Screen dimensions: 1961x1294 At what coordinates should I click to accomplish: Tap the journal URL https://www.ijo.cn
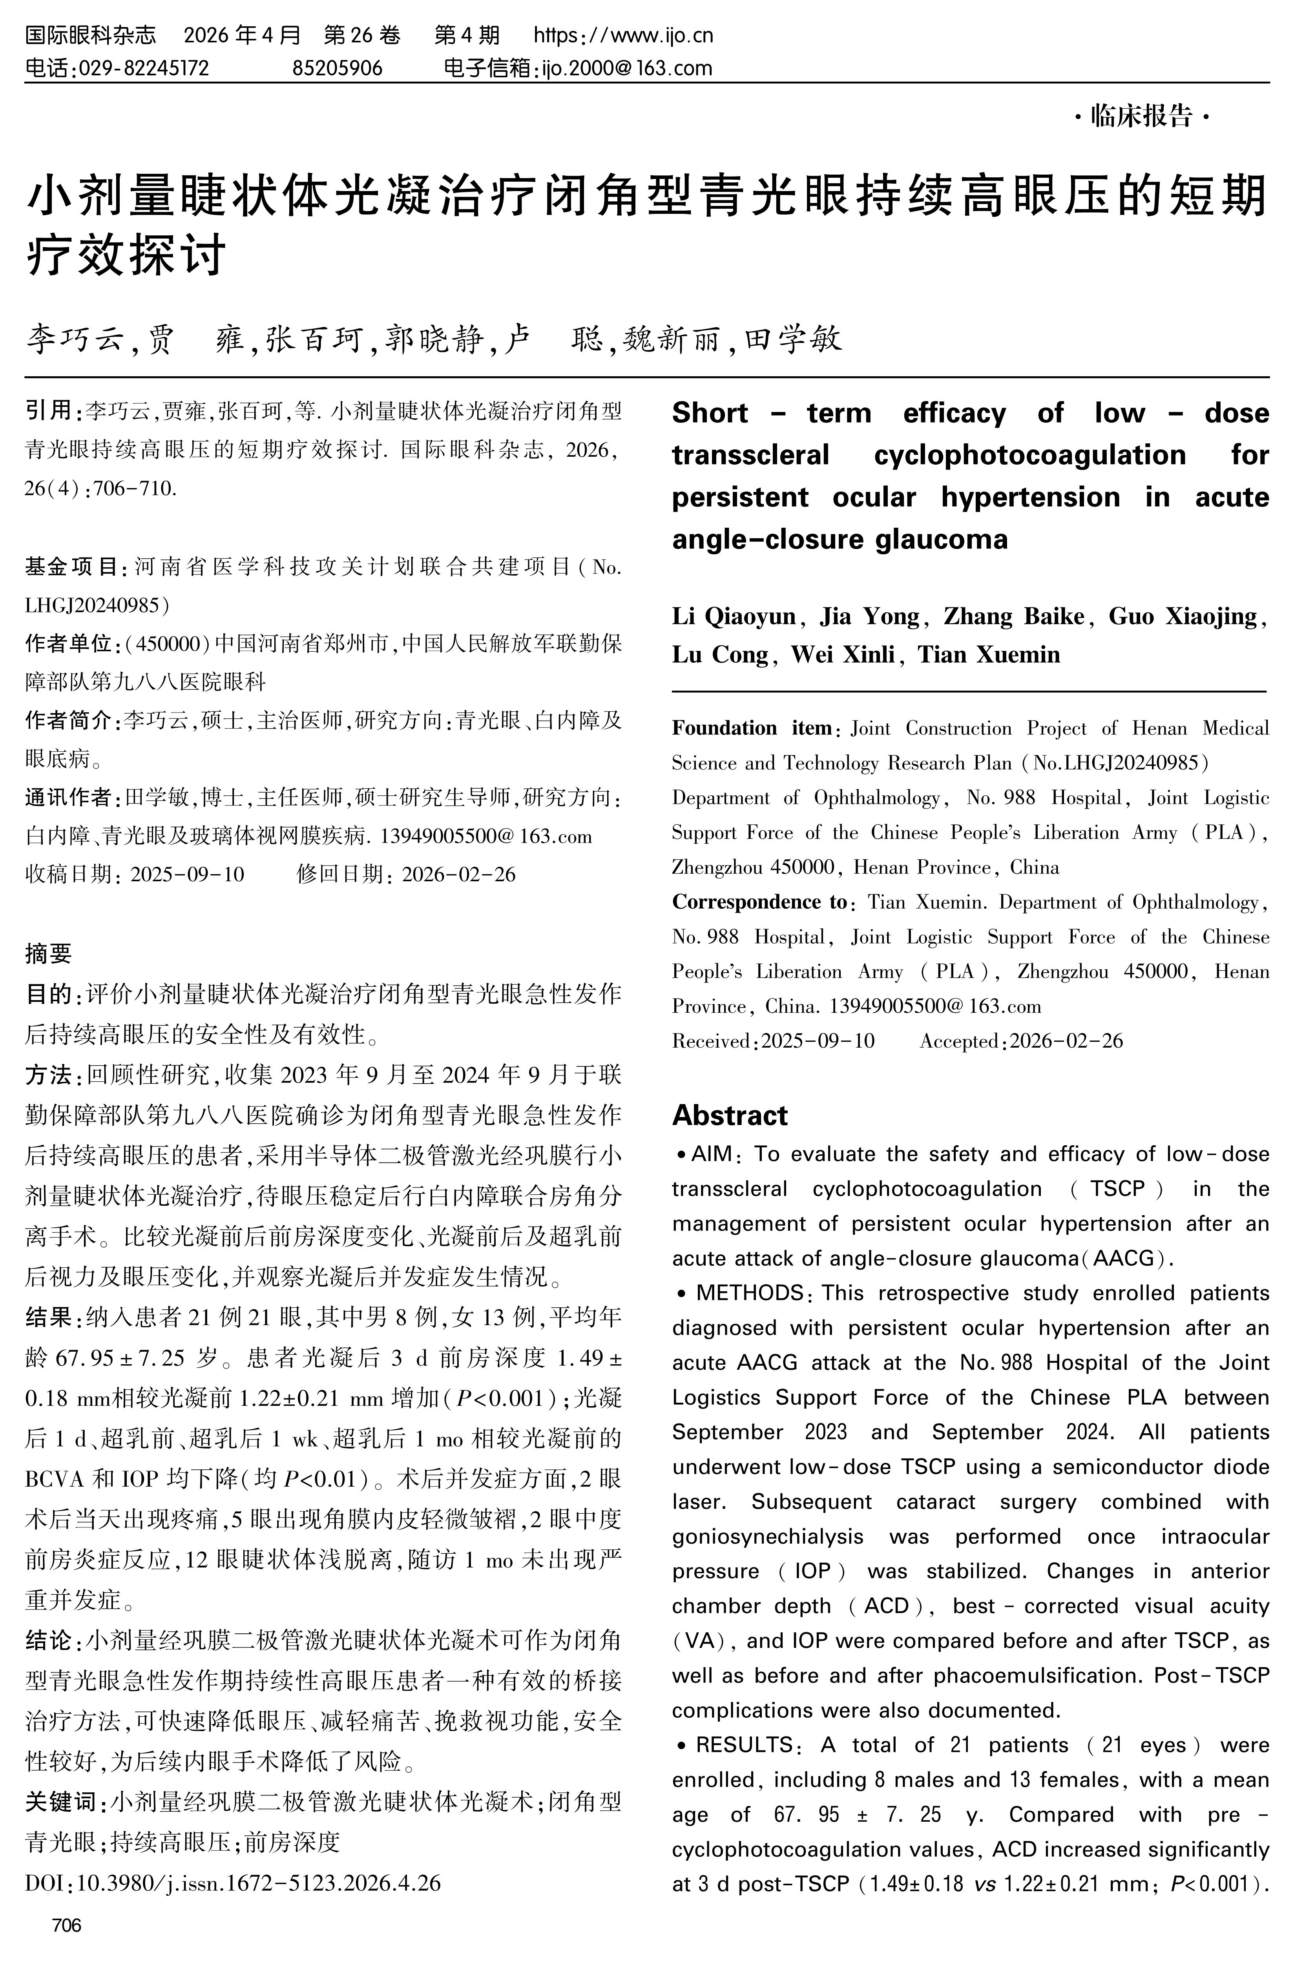(623, 35)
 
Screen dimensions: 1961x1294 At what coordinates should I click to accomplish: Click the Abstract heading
(730, 1115)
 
